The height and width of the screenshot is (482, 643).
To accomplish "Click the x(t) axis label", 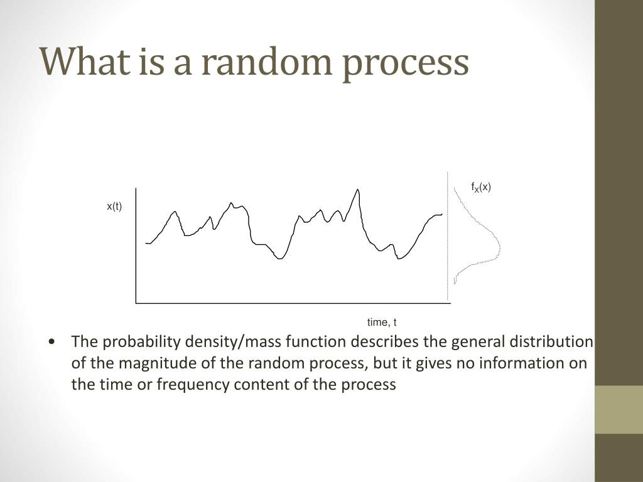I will [114, 206].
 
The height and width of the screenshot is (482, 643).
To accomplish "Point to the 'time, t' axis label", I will [382, 323].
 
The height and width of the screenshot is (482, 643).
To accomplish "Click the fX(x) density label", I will [481, 187].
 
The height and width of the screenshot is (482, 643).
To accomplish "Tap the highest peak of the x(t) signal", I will [357, 189].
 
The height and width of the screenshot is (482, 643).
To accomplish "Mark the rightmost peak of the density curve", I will [500, 245].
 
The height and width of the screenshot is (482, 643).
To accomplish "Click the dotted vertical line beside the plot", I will [448, 238].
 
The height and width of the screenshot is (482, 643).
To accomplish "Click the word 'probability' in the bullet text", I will [134, 342].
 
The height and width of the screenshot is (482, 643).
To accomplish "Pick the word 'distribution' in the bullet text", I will [551, 342].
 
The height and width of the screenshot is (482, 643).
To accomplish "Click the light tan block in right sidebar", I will [619, 409].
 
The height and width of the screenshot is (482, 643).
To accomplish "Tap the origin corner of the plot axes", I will [136, 303].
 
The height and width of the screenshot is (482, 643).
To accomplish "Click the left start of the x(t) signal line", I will [146, 243].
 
